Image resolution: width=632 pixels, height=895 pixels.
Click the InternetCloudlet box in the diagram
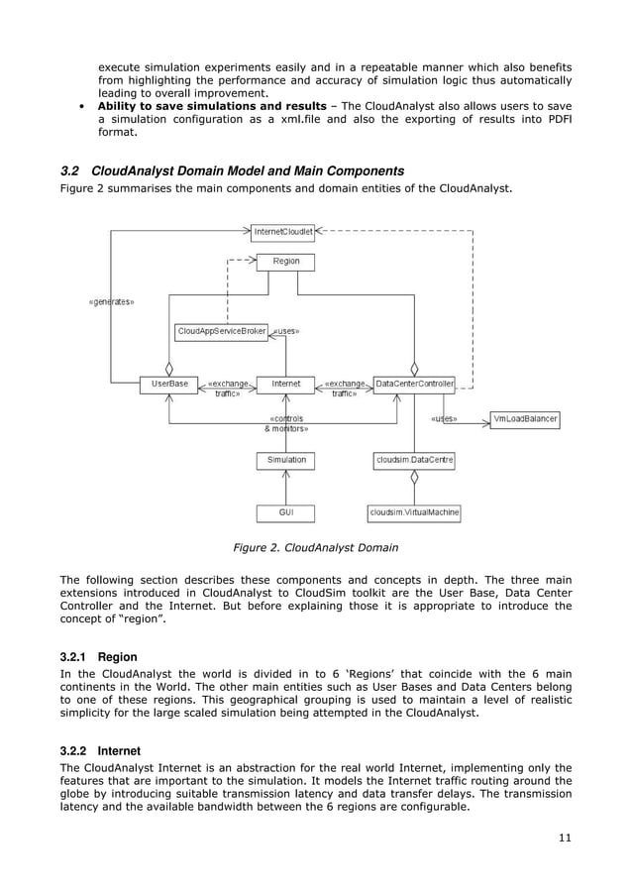(x=283, y=232)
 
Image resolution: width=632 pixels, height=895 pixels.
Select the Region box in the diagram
(x=285, y=262)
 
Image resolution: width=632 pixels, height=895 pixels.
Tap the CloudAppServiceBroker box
(x=221, y=331)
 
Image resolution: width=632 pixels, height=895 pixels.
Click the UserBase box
(x=169, y=384)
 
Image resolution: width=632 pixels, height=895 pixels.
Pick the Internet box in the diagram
(x=285, y=384)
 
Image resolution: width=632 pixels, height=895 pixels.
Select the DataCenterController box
(x=415, y=384)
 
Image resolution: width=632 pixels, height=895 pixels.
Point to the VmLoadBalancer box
(x=525, y=419)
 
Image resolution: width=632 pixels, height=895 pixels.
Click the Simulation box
(x=286, y=460)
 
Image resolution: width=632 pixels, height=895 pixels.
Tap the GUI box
(x=286, y=512)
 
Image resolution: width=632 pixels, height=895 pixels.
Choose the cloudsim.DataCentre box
(x=414, y=460)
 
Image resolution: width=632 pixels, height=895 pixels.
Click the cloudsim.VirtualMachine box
(x=414, y=512)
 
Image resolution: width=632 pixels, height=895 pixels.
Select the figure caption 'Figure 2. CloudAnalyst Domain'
(x=315, y=546)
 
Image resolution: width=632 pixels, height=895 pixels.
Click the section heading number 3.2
(x=71, y=170)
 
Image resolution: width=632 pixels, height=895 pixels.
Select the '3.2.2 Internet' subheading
(x=101, y=751)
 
